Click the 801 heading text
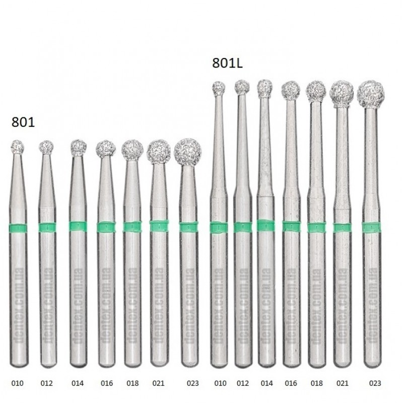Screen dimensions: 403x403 tap(23, 122)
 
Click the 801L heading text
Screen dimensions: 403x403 tap(227, 63)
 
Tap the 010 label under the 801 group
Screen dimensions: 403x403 tap(18, 383)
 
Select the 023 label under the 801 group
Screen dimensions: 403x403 tap(193, 383)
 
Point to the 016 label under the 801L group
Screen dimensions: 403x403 tap(291, 383)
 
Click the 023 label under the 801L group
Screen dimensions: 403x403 tap(375, 383)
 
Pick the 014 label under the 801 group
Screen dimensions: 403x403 tap(78, 383)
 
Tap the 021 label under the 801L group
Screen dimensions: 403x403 tap(343, 383)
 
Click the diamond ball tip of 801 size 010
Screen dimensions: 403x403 tap(18, 147)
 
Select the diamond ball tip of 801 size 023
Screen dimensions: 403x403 tap(187, 152)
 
